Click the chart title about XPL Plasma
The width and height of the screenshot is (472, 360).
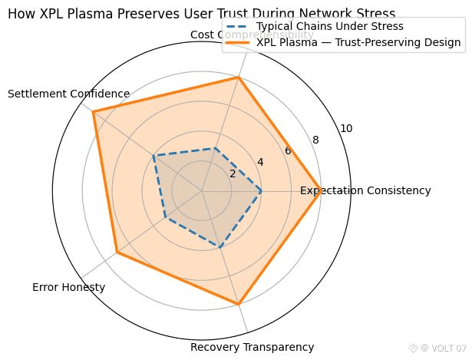[202, 14]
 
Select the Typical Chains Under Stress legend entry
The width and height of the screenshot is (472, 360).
[330, 27]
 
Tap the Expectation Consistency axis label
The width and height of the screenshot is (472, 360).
[365, 190]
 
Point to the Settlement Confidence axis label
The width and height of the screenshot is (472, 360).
[68, 94]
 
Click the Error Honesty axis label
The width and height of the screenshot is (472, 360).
[69, 288]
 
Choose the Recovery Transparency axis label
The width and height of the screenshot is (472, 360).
[252, 348]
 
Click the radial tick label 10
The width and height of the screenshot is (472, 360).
[346, 129]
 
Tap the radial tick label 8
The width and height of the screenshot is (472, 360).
[315, 140]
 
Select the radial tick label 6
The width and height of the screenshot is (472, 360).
[288, 150]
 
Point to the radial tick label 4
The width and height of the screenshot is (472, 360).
[260, 162]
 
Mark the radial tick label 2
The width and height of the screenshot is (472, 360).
[233, 173]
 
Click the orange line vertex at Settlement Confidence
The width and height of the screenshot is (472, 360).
[93, 112]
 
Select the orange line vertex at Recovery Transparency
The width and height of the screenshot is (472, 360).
[239, 305]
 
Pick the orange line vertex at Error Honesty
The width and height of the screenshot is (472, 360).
[117, 253]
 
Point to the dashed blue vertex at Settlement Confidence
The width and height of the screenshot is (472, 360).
[154, 155]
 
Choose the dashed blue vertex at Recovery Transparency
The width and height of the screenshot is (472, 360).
[221, 248]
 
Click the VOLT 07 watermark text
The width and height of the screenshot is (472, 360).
[444, 348]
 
